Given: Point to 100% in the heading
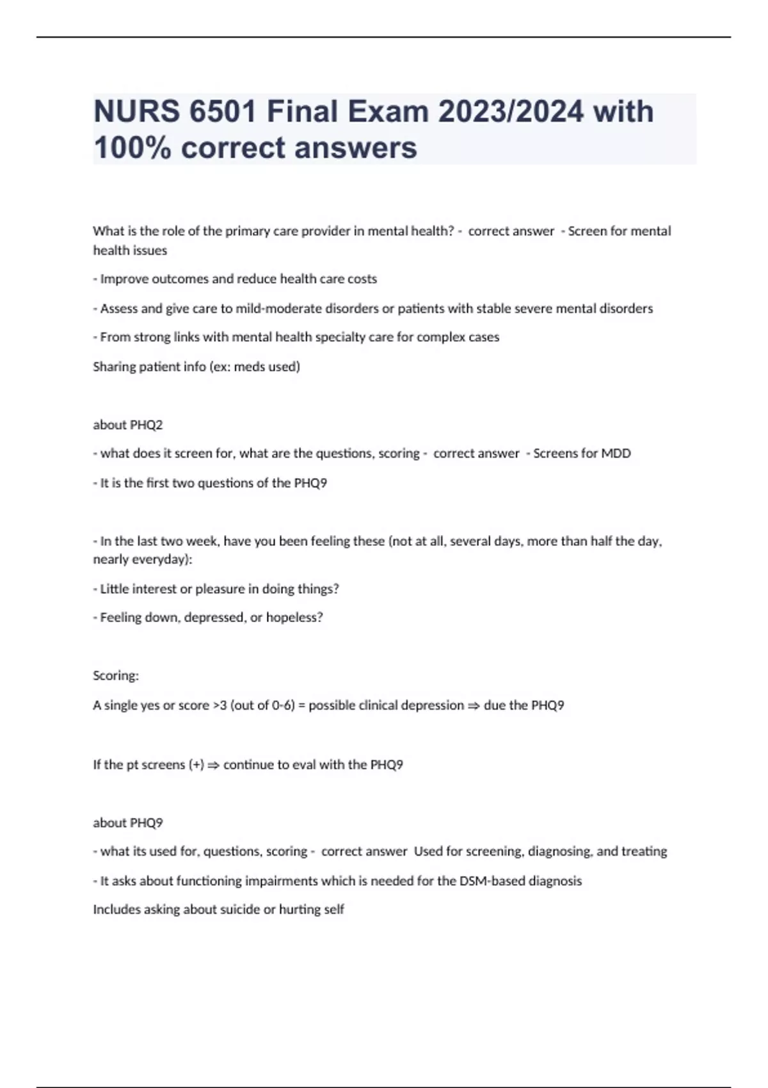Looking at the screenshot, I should pyautogui.click(x=132, y=148).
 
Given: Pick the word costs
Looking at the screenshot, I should pyautogui.click(x=362, y=279).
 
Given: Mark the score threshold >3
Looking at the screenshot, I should pyautogui.click(x=220, y=705).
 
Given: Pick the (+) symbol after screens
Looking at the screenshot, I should pyautogui.click(x=196, y=765).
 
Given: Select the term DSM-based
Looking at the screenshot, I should pyautogui.click(x=492, y=881).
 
